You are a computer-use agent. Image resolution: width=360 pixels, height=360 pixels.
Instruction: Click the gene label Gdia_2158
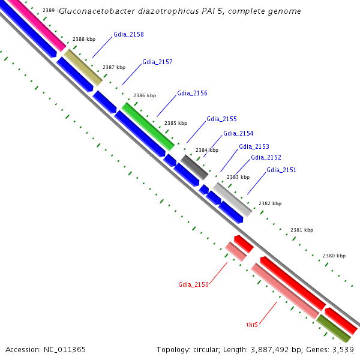point(128,35)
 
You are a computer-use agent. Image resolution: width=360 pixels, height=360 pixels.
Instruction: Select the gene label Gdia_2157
point(157,62)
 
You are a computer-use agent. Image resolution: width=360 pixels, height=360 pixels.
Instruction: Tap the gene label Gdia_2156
point(192,94)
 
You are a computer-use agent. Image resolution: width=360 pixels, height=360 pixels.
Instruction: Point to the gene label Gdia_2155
point(221,119)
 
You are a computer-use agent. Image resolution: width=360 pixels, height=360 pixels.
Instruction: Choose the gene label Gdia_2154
point(238,133)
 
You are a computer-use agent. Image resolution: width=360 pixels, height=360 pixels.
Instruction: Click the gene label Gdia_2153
point(254,146)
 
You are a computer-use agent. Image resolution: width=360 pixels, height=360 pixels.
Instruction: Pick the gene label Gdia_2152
point(266,158)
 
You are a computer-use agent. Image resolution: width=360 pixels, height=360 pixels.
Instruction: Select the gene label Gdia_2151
point(281,170)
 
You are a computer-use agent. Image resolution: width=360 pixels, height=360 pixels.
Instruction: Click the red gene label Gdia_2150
point(193,284)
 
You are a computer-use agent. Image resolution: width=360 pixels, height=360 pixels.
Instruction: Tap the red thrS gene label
point(252,325)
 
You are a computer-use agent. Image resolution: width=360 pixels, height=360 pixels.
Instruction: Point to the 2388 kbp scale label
point(84,39)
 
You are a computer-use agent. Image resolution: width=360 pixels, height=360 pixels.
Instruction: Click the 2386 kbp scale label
point(144,95)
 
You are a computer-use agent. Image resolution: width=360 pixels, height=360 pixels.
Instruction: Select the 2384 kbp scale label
point(207,150)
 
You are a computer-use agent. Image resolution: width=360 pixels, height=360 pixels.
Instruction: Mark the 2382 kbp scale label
point(269,203)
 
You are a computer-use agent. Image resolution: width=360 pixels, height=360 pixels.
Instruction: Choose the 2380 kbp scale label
point(334,256)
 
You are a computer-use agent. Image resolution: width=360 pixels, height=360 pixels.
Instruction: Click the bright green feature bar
point(148,126)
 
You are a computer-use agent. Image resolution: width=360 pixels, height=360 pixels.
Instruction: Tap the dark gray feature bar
point(194,167)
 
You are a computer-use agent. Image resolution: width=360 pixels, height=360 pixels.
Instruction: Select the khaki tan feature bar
point(83,67)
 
